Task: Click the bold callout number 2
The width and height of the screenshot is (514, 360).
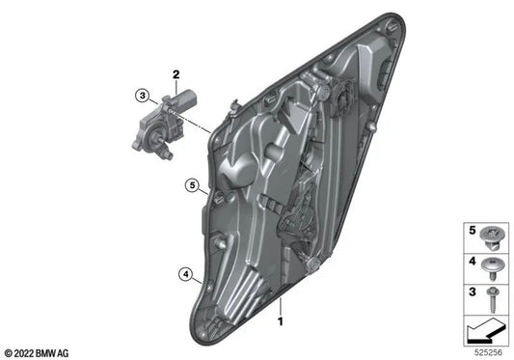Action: click(x=176, y=74)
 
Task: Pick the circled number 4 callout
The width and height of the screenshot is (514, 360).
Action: click(x=184, y=274)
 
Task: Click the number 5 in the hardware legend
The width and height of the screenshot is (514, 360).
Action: click(x=472, y=232)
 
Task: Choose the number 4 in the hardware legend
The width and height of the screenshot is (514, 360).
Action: click(x=472, y=261)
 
